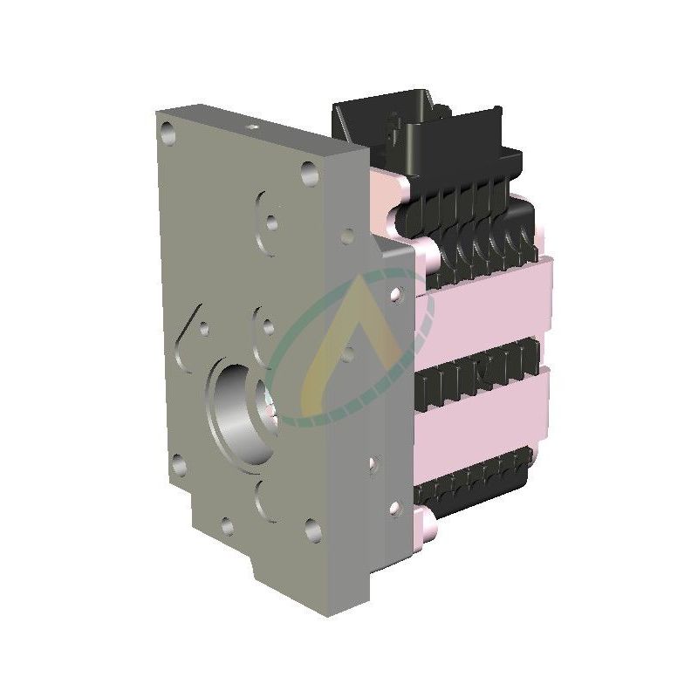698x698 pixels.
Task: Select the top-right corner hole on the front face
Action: coord(308,173)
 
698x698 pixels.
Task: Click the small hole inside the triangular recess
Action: coord(203,329)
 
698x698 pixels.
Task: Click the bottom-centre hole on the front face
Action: coord(228,525)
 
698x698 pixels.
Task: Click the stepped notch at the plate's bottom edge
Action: coord(262,576)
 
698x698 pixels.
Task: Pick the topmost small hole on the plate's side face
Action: coord(348,234)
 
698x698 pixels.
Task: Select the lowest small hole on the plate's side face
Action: coord(394,507)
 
